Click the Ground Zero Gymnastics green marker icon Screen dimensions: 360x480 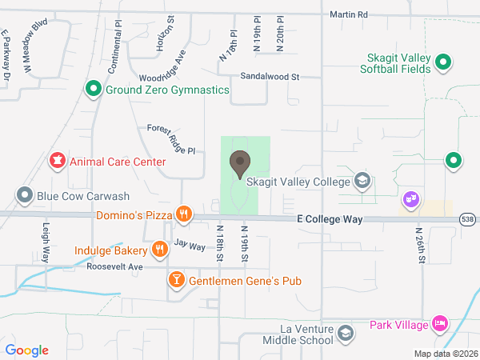pyautogui.click(x=94, y=90)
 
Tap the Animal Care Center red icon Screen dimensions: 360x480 pyautogui.click(x=58, y=162)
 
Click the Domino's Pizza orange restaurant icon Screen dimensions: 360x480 pyautogui.click(x=184, y=214)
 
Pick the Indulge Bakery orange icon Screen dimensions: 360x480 pyautogui.click(x=160, y=249)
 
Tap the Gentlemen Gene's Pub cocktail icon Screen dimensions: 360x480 pyautogui.click(x=175, y=280)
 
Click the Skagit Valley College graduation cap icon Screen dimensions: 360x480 pyautogui.click(x=363, y=181)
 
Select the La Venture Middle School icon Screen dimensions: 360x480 pyautogui.click(x=345, y=333)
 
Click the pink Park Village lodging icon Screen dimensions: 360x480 pyautogui.click(x=438, y=324)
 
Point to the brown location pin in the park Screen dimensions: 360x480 pyautogui.click(x=239, y=165)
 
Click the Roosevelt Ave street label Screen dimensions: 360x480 pyautogui.click(x=114, y=266)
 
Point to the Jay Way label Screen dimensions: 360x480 pyautogui.click(x=190, y=246)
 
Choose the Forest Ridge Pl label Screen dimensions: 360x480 pyautogui.click(x=171, y=139)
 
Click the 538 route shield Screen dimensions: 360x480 pyautogui.click(x=469, y=218)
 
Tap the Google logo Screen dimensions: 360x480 pyautogui.click(x=27, y=350)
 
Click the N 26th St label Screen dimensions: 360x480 pyautogui.click(x=421, y=245)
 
